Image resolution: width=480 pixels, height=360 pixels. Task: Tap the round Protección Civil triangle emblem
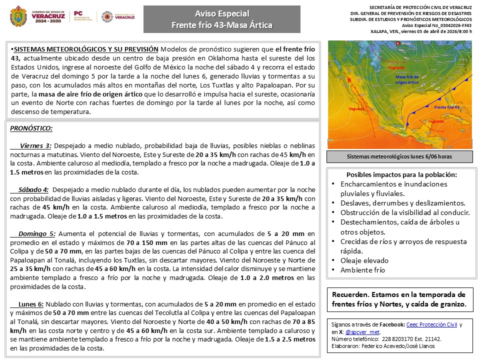[x=106, y=17]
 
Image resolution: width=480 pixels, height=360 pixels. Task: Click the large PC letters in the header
[x=78, y=13]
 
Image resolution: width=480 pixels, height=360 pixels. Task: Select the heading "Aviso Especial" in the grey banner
[x=222, y=13]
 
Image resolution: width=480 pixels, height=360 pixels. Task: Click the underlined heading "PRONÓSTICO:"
[x=31, y=128]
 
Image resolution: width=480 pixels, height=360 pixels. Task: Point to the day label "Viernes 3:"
[x=35, y=146]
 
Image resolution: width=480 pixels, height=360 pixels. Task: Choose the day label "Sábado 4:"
[x=33, y=189]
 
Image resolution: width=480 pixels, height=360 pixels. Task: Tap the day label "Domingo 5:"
[x=37, y=233]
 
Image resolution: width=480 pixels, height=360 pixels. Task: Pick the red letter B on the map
[x=349, y=80]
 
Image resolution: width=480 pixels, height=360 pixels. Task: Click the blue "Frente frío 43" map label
[x=446, y=107]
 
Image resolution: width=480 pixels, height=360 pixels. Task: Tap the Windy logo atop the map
[x=404, y=43]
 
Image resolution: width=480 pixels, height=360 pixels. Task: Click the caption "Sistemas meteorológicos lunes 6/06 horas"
[x=399, y=157]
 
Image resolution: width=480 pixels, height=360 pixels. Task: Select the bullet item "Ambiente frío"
[x=363, y=270]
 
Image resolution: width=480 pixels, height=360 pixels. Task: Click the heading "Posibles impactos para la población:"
[x=401, y=174]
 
